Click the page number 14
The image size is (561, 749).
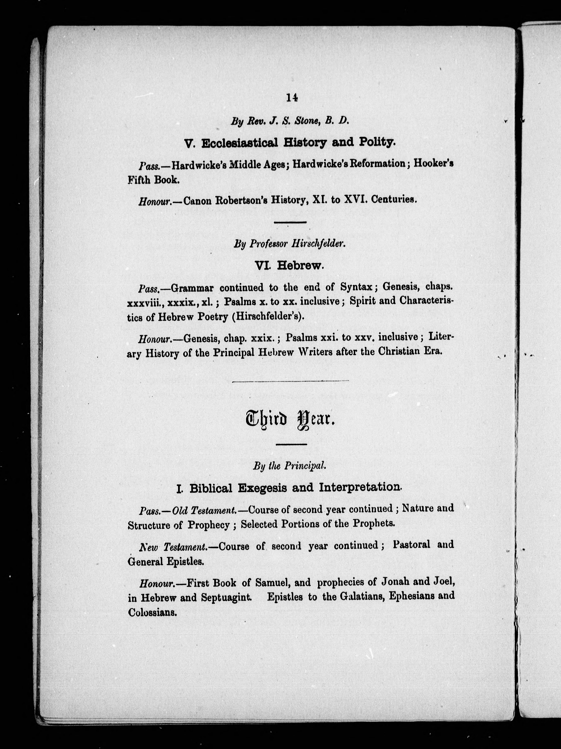pos(292,98)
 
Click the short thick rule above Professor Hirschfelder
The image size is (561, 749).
pos(290,222)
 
